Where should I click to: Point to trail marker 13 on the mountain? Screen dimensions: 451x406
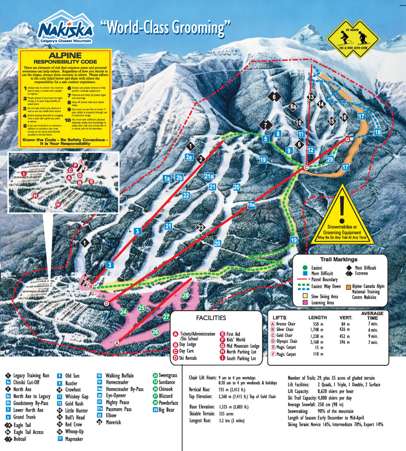pyautogui.click(x=312, y=97)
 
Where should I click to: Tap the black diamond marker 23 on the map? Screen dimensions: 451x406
pyautogui.click(x=201, y=227)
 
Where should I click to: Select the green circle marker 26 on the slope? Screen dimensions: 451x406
pyautogui.click(x=155, y=332)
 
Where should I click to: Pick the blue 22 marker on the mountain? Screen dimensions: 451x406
pyautogui.click(x=186, y=195)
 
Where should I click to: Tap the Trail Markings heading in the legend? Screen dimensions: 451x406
pyautogui.click(x=339, y=259)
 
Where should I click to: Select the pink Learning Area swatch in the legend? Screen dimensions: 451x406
pyautogui.click(x=305, y=302)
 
